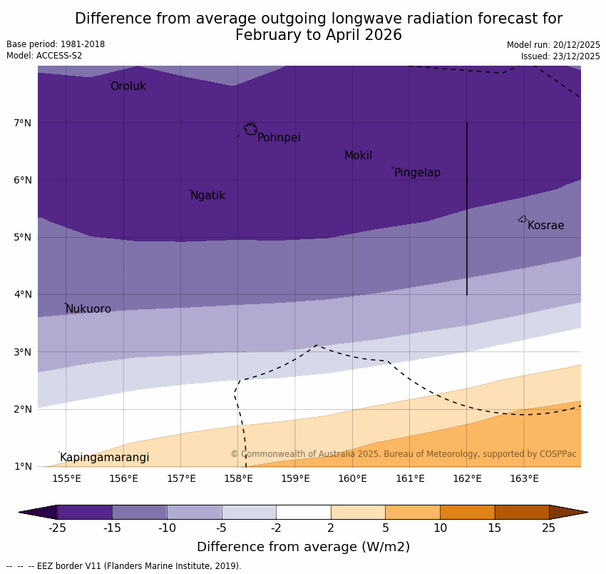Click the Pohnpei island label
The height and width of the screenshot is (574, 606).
(279, 138)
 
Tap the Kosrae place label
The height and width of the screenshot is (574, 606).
(545, 226)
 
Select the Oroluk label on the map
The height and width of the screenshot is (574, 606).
(128, 86)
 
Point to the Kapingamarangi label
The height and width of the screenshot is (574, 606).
(104, 458)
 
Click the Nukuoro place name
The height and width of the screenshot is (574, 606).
(88, 309)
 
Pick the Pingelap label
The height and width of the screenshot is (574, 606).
(417, 173)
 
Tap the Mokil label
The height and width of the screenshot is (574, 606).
(358, 156)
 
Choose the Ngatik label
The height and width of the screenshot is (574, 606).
(207, 196)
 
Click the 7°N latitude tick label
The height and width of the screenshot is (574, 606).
(23, 123)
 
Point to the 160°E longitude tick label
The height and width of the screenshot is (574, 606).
(352, 478)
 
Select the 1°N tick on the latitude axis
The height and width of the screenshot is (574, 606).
(23, 466)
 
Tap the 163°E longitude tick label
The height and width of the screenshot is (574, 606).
(524, 478)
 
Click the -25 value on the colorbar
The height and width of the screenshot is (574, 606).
(57, 528)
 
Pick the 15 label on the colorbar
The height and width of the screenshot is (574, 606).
(495, 528)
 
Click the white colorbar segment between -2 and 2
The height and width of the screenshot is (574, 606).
(303, 512)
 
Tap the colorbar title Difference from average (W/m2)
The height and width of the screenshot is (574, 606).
(303, 547)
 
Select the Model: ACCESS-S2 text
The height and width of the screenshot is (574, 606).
(44, 56)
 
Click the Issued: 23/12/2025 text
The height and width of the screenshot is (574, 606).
(560, 56)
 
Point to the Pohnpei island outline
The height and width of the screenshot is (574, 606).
(250, 129)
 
